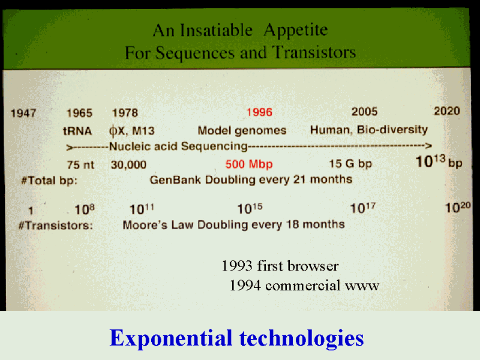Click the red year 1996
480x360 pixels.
(x=259, y=112)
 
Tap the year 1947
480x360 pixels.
(x=23, y=113)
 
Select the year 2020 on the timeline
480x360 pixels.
(x=447, y=111)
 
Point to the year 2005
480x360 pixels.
(x=364, y=112)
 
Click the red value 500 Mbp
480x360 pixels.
(x=249, y=164)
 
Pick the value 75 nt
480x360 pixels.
(x=80, y=165)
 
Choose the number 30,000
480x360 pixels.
(x=128, y=165)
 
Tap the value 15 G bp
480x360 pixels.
(x=350, y=164)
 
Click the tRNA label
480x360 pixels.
(x=77, y=131)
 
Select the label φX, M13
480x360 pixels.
(x=132, y=131)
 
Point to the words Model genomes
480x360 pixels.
(x=242, y=131)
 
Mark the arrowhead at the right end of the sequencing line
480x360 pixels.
(x=428, y=145)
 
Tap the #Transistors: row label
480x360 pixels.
(x=56, y=226)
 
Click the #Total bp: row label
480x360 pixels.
(x=49, y=181)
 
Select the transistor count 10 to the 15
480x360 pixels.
(x=250, y=208)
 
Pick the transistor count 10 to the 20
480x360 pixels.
(x=458, y=208)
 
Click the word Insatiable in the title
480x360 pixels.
(x=216, y=31)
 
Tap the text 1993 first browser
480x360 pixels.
(x=280, y=266)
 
